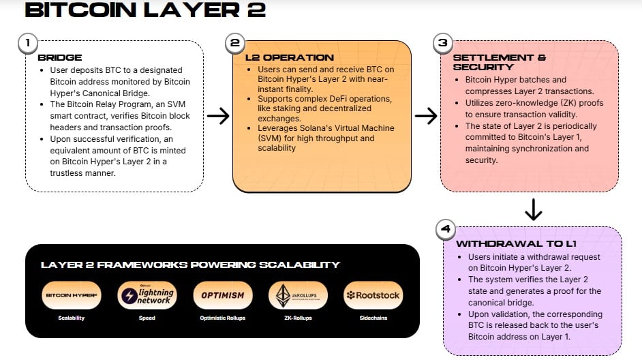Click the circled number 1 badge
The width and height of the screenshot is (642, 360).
tap(27, 43)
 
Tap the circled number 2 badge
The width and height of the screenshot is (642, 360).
tap(234, 43)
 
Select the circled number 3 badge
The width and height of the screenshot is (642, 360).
tap(442, 43)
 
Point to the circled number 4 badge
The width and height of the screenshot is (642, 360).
tap(445, 229)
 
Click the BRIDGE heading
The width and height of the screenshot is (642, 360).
tap(60, 58)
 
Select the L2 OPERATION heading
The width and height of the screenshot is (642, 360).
tap(289, 58)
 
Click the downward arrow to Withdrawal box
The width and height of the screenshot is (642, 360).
tap(534, 208)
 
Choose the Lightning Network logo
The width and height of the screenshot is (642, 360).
tap(147, 295)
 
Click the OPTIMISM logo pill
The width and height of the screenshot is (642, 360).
tap(223, 295)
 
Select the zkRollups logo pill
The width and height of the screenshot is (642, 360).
tap(298, 295)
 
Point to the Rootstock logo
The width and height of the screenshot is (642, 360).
tap(373, 295)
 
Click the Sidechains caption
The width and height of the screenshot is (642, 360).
tap(373, 318)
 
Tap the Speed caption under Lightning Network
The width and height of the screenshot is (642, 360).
tap(147, 318)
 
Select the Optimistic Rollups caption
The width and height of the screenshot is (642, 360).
tap(223, 318)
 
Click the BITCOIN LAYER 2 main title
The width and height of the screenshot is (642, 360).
tap(144, 11)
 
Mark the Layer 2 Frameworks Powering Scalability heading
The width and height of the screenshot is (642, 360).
tap(190, 265)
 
